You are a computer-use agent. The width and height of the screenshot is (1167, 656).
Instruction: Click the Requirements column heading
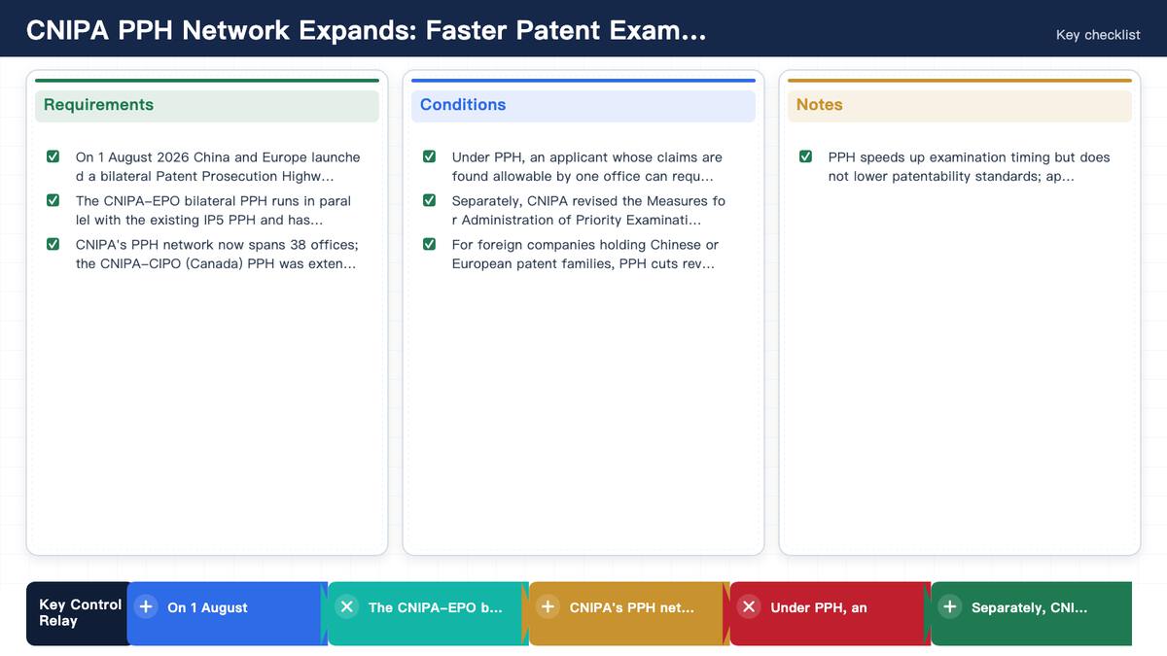98,105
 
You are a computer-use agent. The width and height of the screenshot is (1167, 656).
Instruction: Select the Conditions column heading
463,105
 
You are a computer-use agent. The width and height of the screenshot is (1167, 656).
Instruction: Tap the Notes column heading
819,105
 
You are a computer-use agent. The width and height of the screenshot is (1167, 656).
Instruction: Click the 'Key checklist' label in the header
1098,35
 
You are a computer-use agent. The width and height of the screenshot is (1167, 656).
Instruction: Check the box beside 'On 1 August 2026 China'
53,156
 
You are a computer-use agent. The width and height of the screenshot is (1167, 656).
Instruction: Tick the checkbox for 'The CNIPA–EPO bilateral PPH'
53,200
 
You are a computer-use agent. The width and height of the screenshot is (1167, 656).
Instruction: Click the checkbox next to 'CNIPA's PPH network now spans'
53,244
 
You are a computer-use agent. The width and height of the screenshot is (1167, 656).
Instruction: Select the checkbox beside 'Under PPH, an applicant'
429,156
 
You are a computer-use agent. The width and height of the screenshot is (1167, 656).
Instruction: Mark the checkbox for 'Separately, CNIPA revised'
429,200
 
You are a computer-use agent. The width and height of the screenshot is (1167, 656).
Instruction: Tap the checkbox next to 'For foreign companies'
429,244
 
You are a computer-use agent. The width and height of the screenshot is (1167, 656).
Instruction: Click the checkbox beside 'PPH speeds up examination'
805,156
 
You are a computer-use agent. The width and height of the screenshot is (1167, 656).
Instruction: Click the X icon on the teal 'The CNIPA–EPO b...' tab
346,606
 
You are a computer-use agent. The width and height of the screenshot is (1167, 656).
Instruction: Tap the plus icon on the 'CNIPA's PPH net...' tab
548,606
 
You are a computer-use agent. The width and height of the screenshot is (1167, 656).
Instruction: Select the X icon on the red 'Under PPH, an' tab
749,606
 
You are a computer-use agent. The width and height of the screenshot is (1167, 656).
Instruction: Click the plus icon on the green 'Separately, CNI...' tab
950,606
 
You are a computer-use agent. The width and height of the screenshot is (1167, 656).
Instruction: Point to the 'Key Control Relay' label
80,613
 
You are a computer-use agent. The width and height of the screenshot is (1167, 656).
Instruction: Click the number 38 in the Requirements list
298,245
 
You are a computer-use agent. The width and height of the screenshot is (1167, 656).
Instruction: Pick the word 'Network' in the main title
235,30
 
